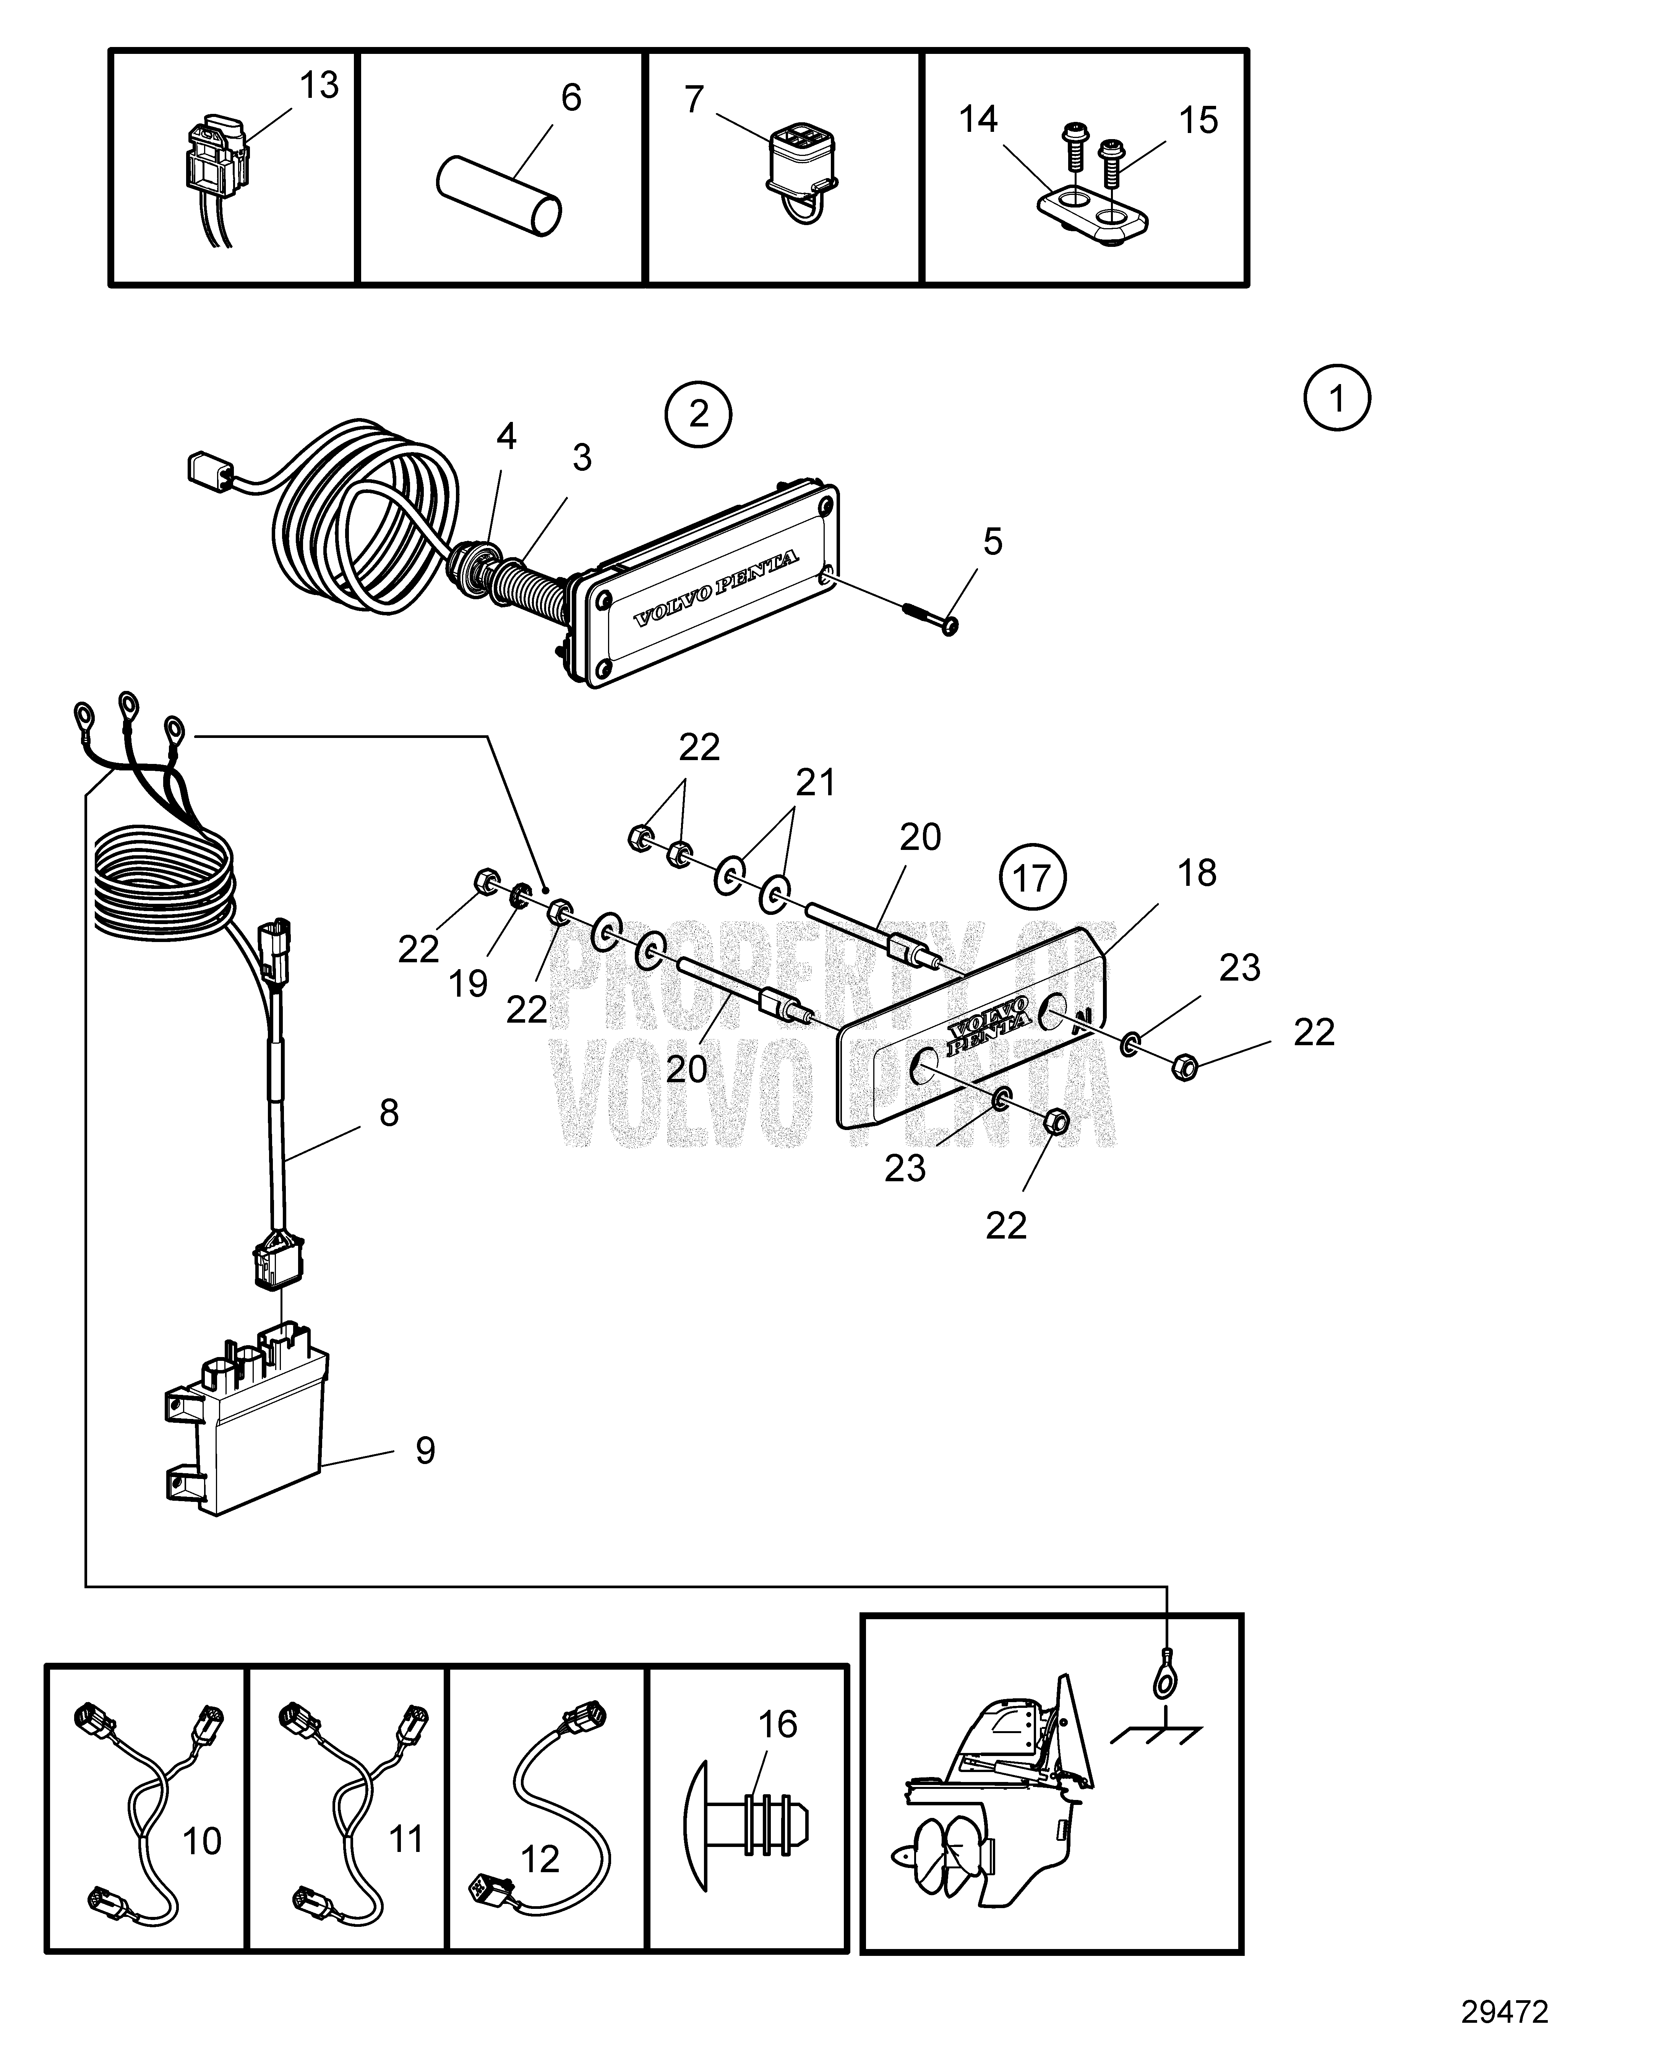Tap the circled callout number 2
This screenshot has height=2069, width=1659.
(x=699, y=415)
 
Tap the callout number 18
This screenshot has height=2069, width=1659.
(x=1197, y=873)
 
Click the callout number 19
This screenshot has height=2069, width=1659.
(x=468, y=983)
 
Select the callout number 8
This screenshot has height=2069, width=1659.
(x=389, y=1112)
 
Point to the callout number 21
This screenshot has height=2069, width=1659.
(x=816, y=782)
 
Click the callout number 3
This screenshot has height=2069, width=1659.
(x=581, y=459)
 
